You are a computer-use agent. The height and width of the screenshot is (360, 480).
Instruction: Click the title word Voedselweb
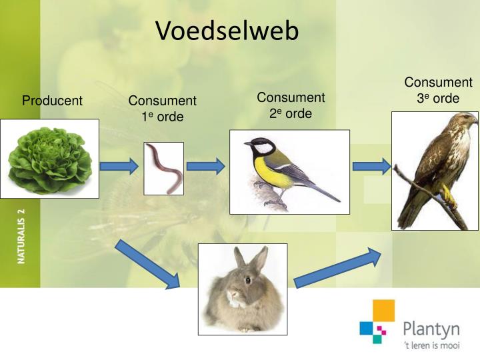tap(227, 31)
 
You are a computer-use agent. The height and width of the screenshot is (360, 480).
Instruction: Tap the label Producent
tap(52, 101)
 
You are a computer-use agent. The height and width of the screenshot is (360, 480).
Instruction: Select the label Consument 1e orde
tap(162, 109)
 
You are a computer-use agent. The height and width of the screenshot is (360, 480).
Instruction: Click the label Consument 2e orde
tap(291, 105)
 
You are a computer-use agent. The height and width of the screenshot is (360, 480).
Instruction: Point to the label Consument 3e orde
tap(438, 90)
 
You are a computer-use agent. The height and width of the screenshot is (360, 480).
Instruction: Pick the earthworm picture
tap(164, 168)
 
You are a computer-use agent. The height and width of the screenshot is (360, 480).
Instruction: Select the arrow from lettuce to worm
tap(119, 166)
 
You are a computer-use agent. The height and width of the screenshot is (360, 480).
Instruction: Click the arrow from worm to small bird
tap(205, 167)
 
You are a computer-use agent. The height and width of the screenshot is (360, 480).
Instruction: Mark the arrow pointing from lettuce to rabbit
tap(148, 264)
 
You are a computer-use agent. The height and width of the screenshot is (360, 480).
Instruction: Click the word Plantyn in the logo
tap(431, 329)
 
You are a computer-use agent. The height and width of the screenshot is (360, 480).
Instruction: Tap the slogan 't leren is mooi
tap(431, 346)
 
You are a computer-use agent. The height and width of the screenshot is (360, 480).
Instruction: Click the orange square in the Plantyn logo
tap(383, 311)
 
